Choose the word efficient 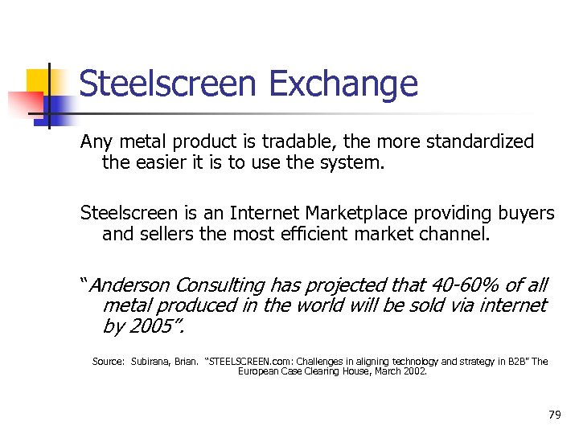click(333, 235)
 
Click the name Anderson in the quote click(129, 285)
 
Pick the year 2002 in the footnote click(413, 372)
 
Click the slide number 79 click(554, 415)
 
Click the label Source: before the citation click(108, 362)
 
